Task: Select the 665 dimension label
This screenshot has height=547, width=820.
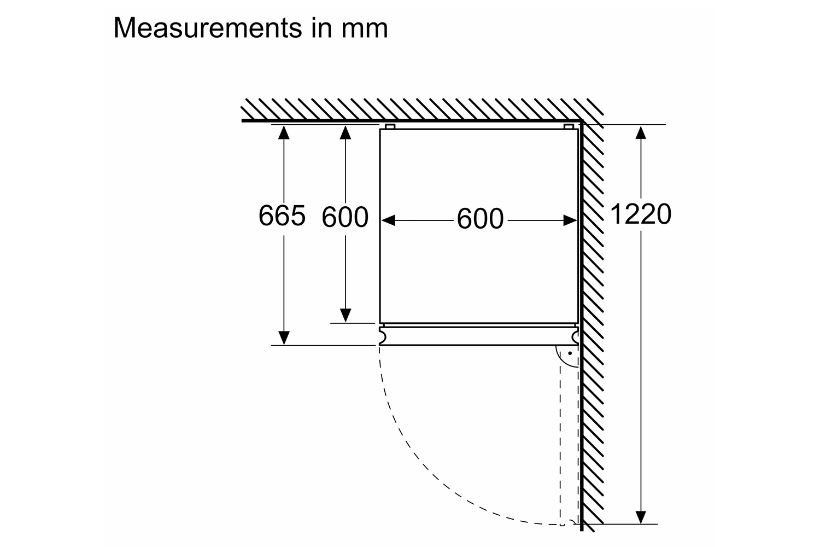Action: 282,216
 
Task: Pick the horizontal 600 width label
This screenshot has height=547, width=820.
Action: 480,219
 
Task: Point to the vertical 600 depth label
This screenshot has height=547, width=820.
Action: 345,217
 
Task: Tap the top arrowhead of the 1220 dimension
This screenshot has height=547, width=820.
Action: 641,132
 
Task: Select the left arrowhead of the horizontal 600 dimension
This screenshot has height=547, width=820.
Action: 388,220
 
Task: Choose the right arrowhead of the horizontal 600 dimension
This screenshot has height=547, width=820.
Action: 570,220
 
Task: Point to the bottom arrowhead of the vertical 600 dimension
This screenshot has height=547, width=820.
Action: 345,315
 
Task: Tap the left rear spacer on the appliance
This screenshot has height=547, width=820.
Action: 390,127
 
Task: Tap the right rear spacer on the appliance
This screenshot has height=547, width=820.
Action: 569,127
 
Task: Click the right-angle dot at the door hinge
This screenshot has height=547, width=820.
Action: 569,354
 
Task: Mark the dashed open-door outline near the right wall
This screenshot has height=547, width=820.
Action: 560,438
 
